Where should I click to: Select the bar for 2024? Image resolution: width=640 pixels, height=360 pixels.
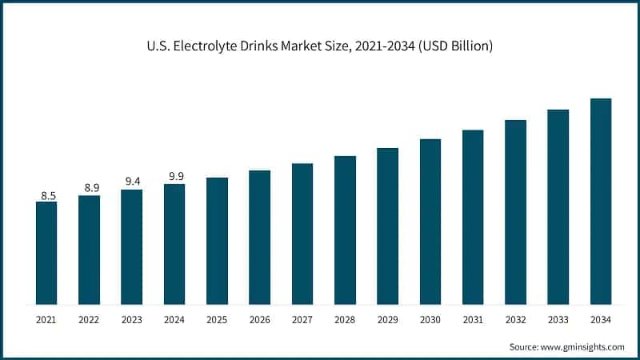click(x=174, y=244)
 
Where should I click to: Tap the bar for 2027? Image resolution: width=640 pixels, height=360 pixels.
click(x=302, y=234)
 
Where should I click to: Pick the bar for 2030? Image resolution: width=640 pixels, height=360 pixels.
click(x=430, y=222)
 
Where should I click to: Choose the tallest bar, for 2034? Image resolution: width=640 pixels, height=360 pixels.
click(x=601, y=201)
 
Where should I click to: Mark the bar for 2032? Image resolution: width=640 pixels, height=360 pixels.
click(x=516, y=212)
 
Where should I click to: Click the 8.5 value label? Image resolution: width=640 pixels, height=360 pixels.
click(x=46, y=195)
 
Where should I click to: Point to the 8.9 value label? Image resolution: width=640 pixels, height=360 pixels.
click(x=89, y=188)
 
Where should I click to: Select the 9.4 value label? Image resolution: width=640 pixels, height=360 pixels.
click(x=132, y=182)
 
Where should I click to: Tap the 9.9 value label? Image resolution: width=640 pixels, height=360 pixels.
click(x=174, y=176)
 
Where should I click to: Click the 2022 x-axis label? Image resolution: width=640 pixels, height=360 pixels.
click(x=89, y=319)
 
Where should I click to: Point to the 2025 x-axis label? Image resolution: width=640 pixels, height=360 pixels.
click(x=217, y=319)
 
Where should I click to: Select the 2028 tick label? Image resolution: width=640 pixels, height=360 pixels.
click(x=345, y=319)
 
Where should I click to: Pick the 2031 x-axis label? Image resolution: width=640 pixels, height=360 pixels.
click(x=473, y=319)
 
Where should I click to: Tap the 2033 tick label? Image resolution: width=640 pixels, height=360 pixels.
click(x=558, y=319)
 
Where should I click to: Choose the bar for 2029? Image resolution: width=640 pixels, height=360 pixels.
click(x=388, y=226)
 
